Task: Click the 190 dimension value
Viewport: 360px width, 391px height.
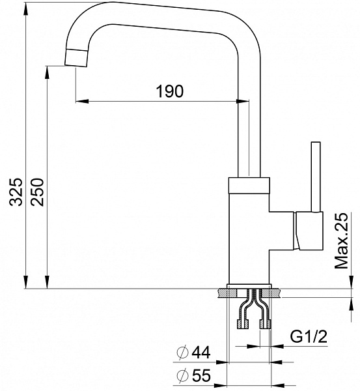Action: click(169, 91)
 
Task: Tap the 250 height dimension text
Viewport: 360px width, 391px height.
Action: click(38, 191)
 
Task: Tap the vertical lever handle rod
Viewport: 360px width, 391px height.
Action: click(316, 176)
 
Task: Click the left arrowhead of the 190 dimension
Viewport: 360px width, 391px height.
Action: click(79, 101)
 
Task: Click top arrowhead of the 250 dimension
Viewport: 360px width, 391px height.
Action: click(47, 69)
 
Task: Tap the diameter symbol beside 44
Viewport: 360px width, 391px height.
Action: click(183, 354)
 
